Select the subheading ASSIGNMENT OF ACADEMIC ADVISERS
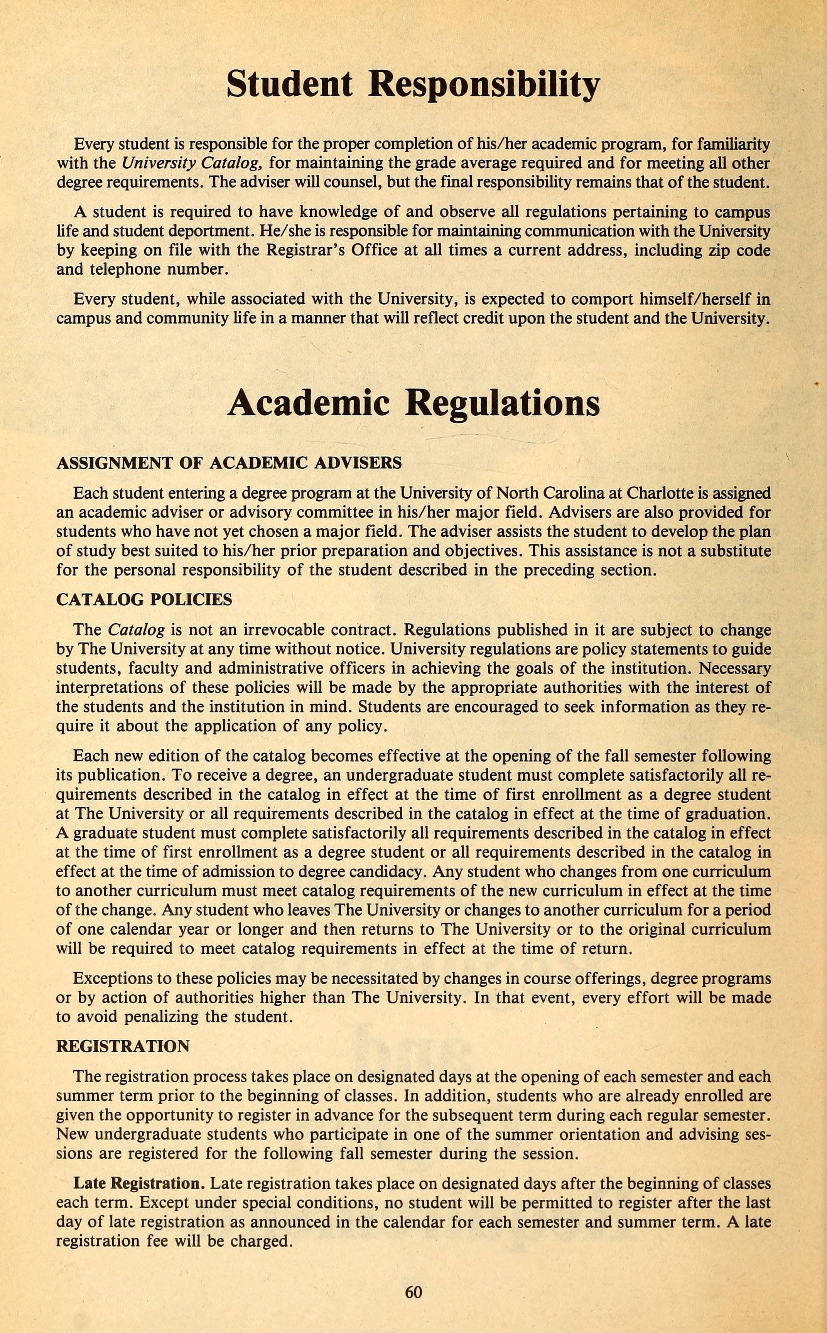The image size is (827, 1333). (229, 463)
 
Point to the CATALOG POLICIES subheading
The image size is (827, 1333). (144, 600)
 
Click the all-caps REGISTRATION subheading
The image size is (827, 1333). (123, 1046)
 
